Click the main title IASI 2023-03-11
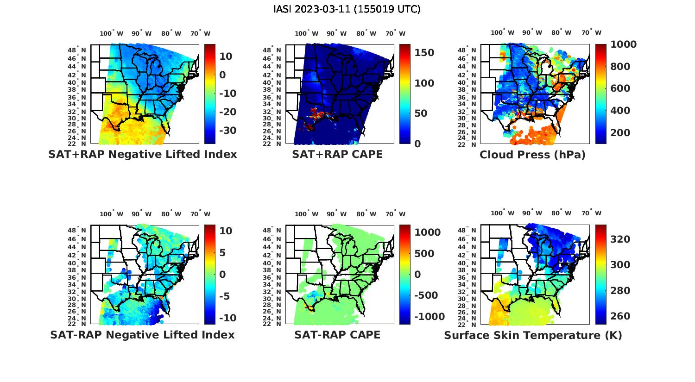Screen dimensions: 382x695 tap(347, 9)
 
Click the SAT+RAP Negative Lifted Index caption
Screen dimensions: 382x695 tap(142, 154)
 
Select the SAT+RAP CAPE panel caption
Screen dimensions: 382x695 tap(337, 154)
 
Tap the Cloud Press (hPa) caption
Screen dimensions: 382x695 tap(532, 155)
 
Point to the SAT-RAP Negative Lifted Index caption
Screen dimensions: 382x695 tap(142, 335)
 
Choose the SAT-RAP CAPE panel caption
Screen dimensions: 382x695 tap(337, 335)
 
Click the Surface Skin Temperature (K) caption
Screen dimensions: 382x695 tap(533, 335)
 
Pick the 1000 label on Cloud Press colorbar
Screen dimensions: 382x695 tap(623, 44)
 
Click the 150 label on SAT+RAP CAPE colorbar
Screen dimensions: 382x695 tap(424, 53)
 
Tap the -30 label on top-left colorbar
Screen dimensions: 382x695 tap(227, 131)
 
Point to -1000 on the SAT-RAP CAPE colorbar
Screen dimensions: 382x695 tap(429, 317)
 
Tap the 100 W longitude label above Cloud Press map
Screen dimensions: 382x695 tap(503, 33)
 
